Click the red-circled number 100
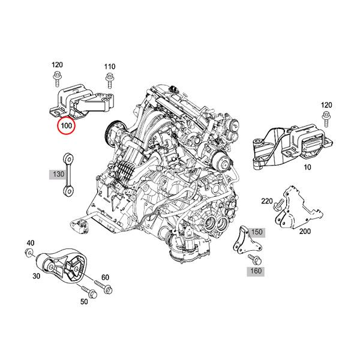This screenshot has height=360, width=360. click(x=64, y=127)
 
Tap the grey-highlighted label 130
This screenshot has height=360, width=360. click(x=58, y=174)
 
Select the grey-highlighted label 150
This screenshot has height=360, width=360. click(x=257, y=232)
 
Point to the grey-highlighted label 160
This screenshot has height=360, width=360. click(x=256, y=271)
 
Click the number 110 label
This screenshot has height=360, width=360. click(x=109, y=67)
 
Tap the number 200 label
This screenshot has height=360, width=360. click(x=305, y=231)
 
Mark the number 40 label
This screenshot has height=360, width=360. click(x=30, y=243)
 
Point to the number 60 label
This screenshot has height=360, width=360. click(x=105, y=277)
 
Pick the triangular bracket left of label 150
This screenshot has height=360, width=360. click(x=243, y=240)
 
